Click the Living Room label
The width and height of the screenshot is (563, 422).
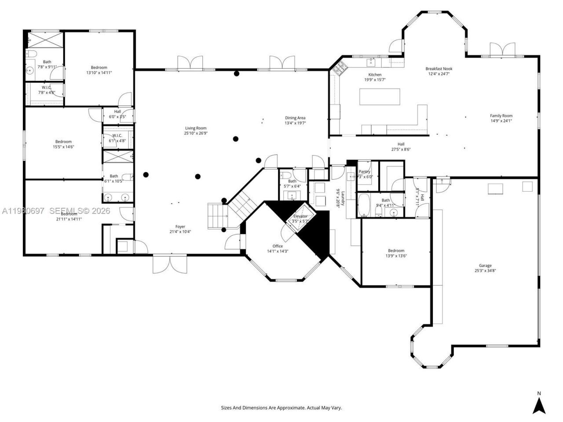click(x=196, y=128)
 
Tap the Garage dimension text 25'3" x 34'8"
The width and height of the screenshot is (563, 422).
click(x=485, y=271)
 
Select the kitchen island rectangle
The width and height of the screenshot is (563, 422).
click(x=380, y=97)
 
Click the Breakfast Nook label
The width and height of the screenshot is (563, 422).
click(x=439, y=69)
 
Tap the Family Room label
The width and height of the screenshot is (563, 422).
click(x=501, y=116)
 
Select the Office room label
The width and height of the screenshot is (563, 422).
click(x=278, y=246)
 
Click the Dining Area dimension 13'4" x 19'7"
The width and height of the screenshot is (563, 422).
click(x=295, y=123)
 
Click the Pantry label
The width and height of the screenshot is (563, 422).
click(x=365, y=171)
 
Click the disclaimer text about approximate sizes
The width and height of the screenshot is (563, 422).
click(x=281, y=408)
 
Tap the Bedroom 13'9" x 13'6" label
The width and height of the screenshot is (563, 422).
click(x=396, y=251)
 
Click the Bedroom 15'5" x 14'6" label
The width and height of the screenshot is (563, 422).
click(x=63, y=142)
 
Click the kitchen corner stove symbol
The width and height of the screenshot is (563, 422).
click(x=340, y=68)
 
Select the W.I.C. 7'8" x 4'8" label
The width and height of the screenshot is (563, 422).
click(x=46, y=87)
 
